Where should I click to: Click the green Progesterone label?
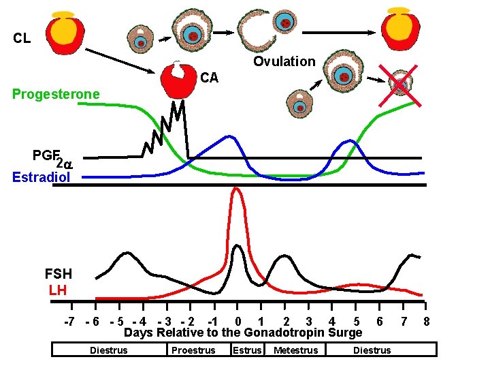[56, 93]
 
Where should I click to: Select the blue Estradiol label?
[41, 177]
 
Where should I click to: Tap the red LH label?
[59, 290]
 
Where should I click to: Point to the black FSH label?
[58, 275]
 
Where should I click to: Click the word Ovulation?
[284, 61]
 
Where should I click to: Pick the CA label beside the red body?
[209, 78]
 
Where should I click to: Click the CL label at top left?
[22, 38]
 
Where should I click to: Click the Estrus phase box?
[247, 350]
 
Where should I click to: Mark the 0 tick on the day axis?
[237, 321]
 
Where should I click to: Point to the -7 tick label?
[69, 321]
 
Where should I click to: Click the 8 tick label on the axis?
[426, 321]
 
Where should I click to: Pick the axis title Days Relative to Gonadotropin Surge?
[243, 333]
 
